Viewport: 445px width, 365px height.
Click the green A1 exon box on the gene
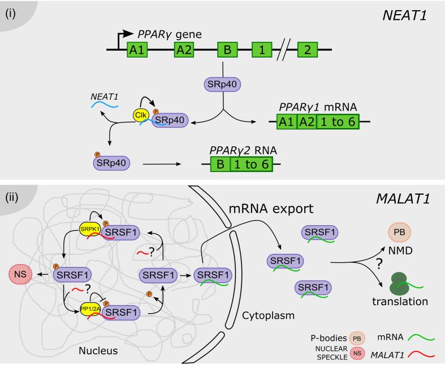point(136,50)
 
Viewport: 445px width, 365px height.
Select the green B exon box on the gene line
point(227,50)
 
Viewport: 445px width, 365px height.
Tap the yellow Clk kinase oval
point(141,115)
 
